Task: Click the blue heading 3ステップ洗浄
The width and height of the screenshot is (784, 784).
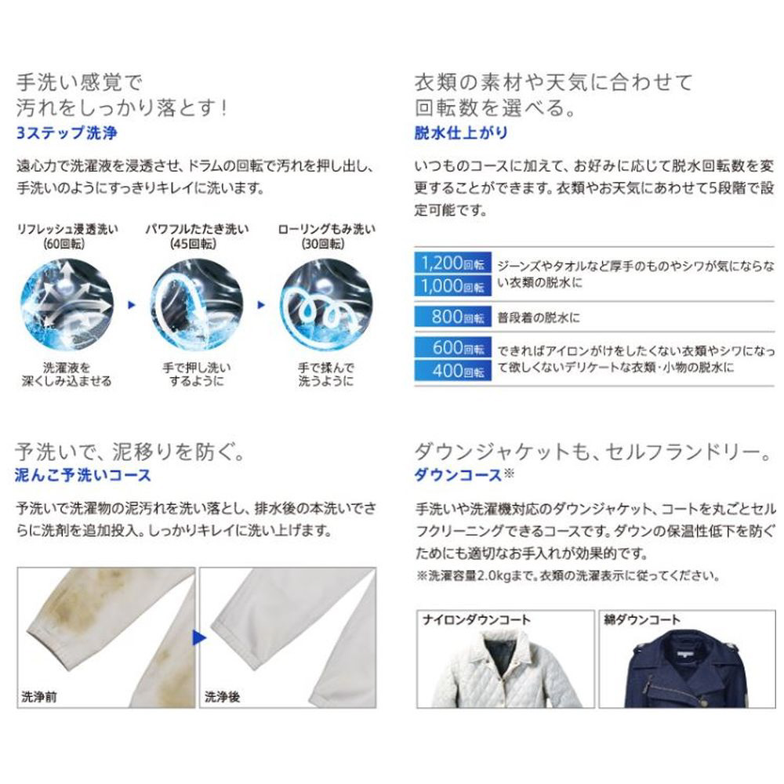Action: [x=67, y=133]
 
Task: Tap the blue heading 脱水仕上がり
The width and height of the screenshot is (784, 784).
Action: [x=461, y=132]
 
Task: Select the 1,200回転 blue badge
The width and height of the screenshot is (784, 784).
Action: [x=453, y=263]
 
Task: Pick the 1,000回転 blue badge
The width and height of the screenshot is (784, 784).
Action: [x=453, y=286]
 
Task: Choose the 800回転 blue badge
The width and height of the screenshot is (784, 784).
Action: [x=453, y=317]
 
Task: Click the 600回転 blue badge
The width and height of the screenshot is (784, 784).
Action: [x=453, y=347]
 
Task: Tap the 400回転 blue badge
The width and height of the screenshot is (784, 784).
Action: [x=453, y=371]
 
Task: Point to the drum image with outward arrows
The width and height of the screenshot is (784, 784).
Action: [x=67, y=304]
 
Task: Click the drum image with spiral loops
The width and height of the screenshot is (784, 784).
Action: [x=326, y=304]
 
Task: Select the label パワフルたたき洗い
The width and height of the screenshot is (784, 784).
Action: [x=197, y=229]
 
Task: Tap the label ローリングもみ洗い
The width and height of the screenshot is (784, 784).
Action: [x=326, y=229]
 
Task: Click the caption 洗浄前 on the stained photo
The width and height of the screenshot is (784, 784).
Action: [x=39, y=696]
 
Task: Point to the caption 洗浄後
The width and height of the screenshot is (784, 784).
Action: [x=222, y=696]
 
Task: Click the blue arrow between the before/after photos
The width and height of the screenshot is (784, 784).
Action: [x=199, y=637]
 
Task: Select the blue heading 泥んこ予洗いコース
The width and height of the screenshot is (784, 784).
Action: [x=83, y=475]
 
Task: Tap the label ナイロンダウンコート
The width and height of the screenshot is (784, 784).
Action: [x=476, y=620]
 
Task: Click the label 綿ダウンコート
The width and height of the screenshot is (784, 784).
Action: [x=642, y=620]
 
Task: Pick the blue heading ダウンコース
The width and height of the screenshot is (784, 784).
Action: [x=458, y=475]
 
